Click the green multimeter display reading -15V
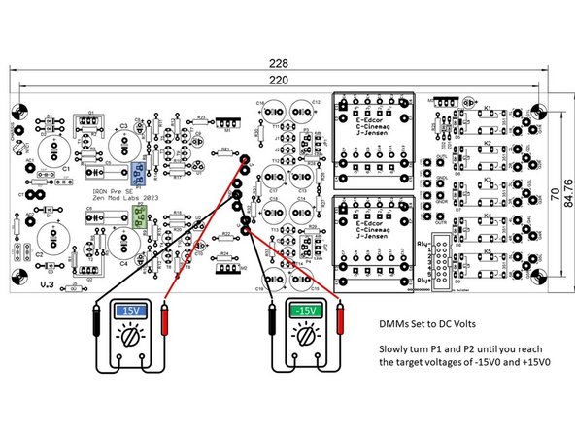[307, 311]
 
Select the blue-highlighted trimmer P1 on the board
[139, 173]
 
